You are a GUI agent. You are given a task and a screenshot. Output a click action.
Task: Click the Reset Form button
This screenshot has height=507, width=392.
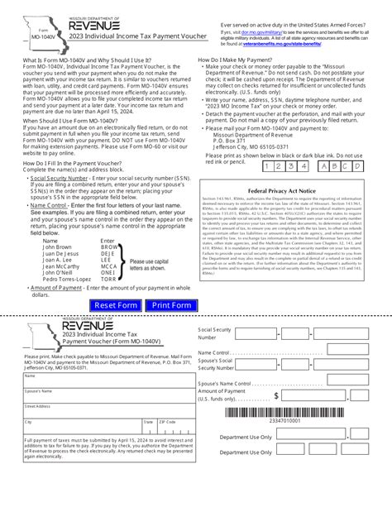pos(117,305)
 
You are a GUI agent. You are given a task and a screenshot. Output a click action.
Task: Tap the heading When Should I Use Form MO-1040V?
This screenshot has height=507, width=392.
pos(71,121)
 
